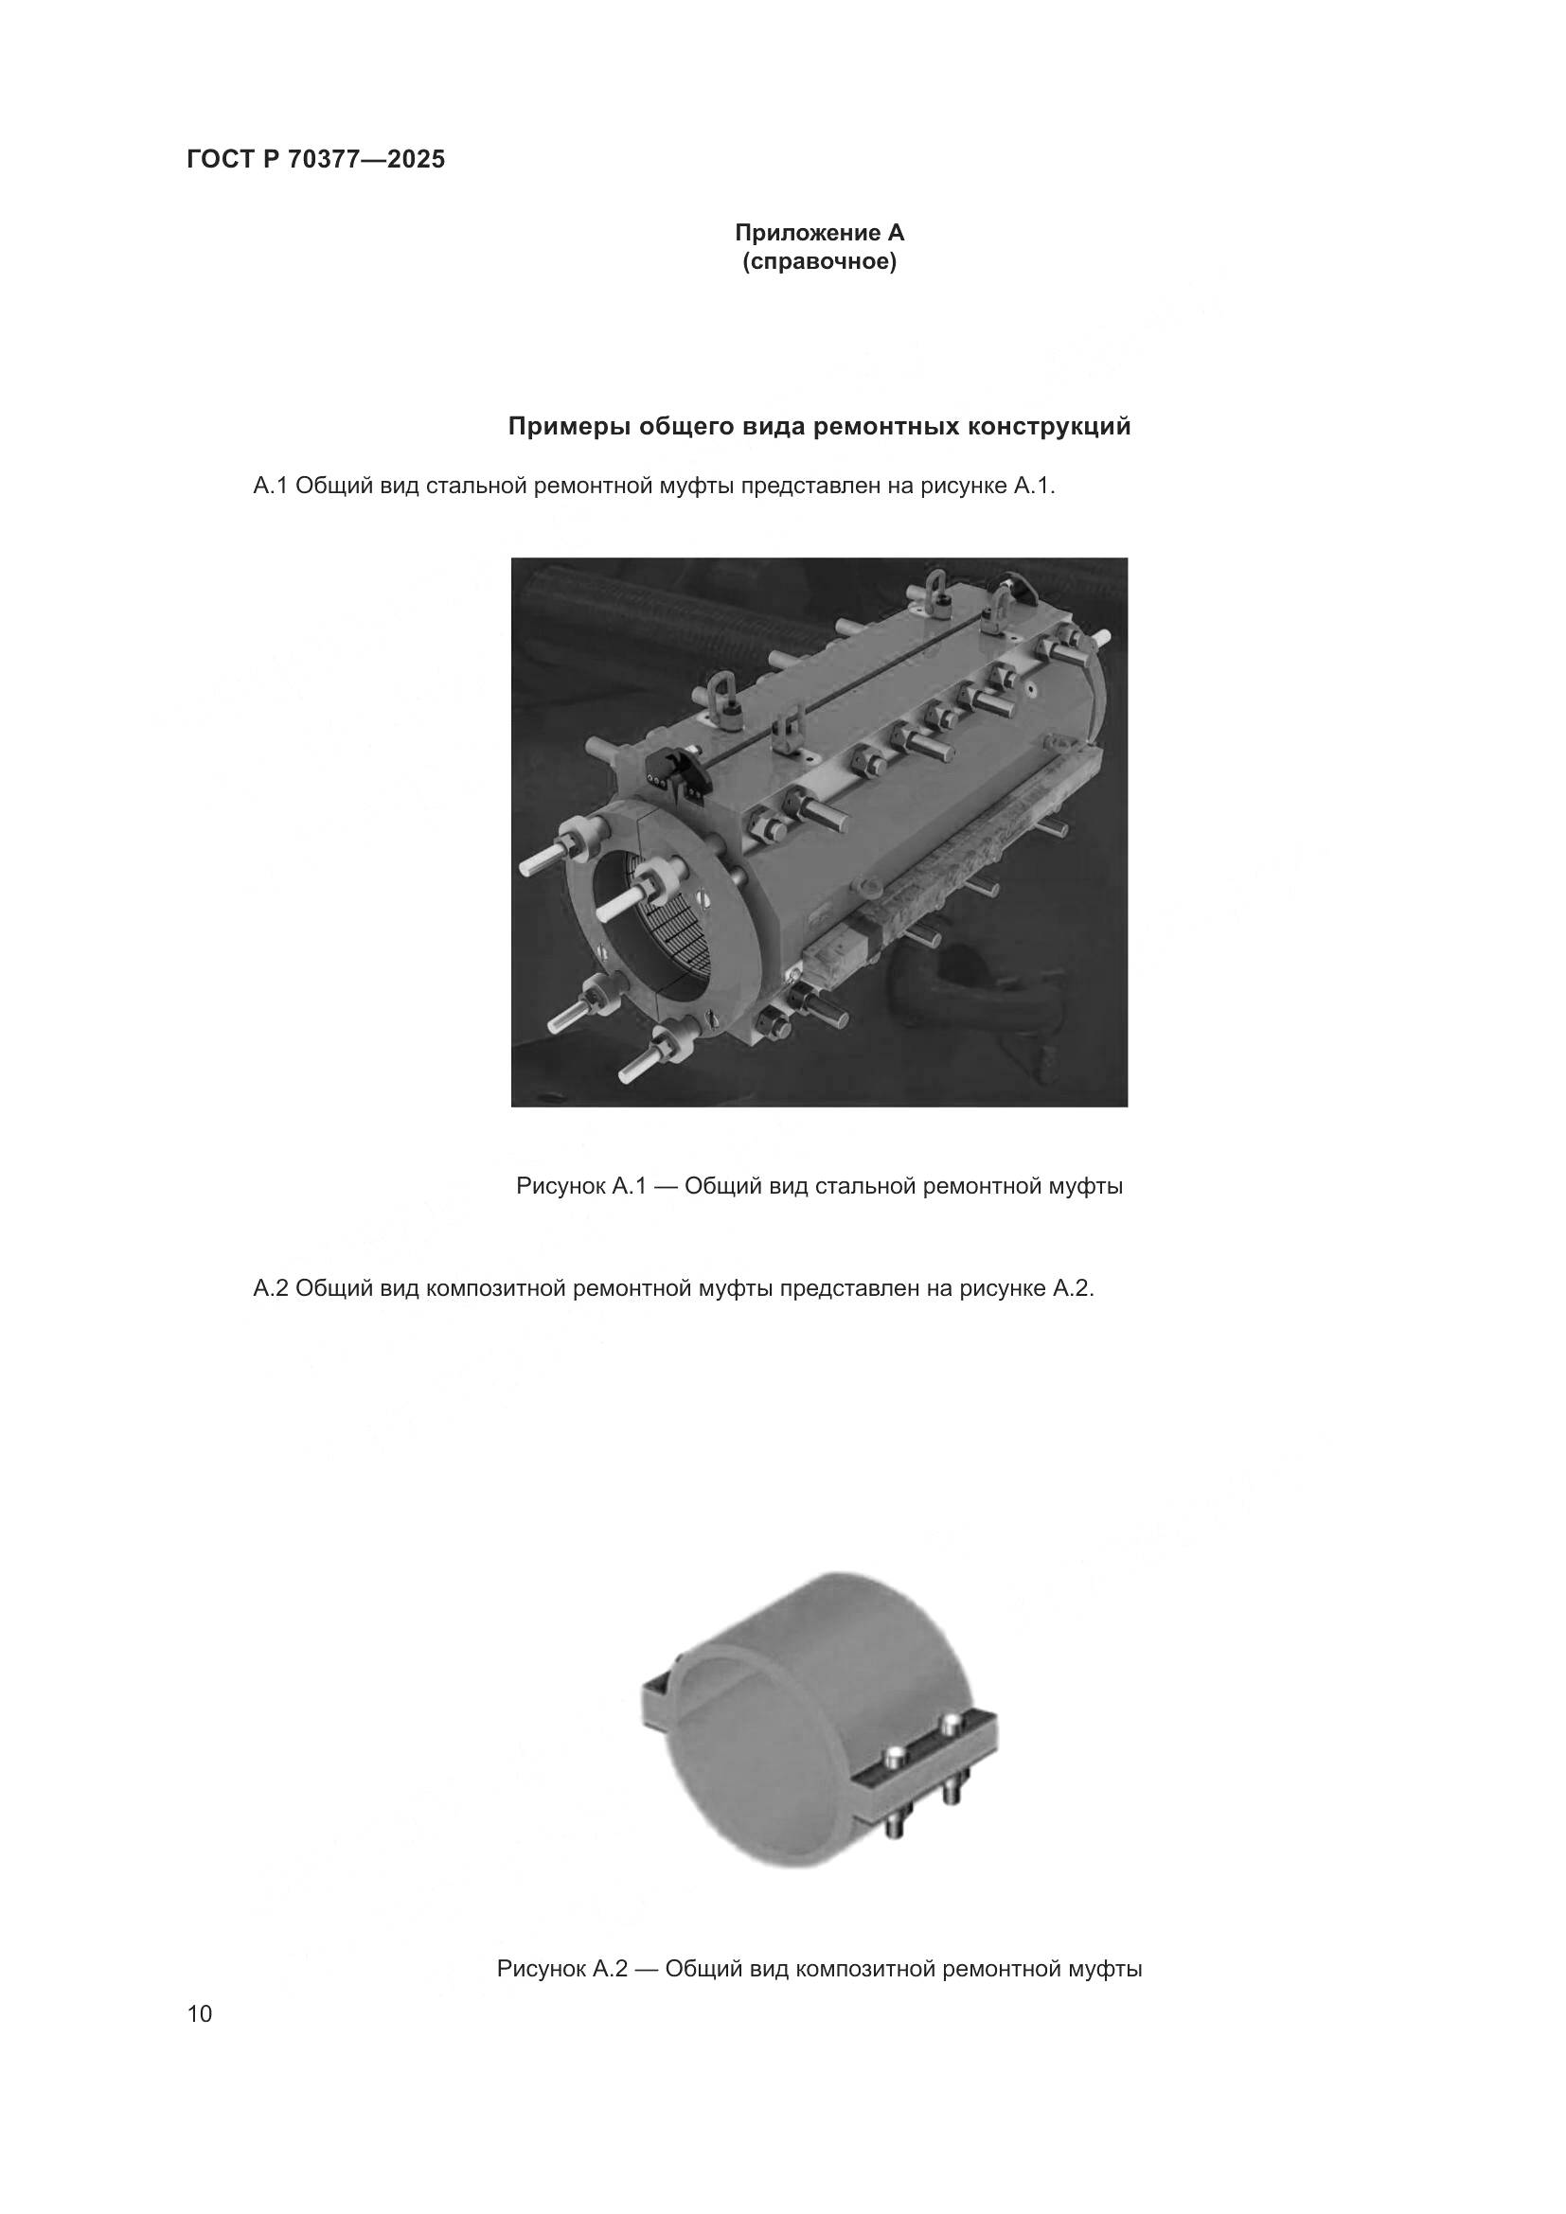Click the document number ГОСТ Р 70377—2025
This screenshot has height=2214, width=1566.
point(315,160)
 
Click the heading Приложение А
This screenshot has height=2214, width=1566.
point(819,233)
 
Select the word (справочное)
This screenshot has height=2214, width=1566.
point(819,262)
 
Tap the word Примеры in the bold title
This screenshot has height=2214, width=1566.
point(569,426)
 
